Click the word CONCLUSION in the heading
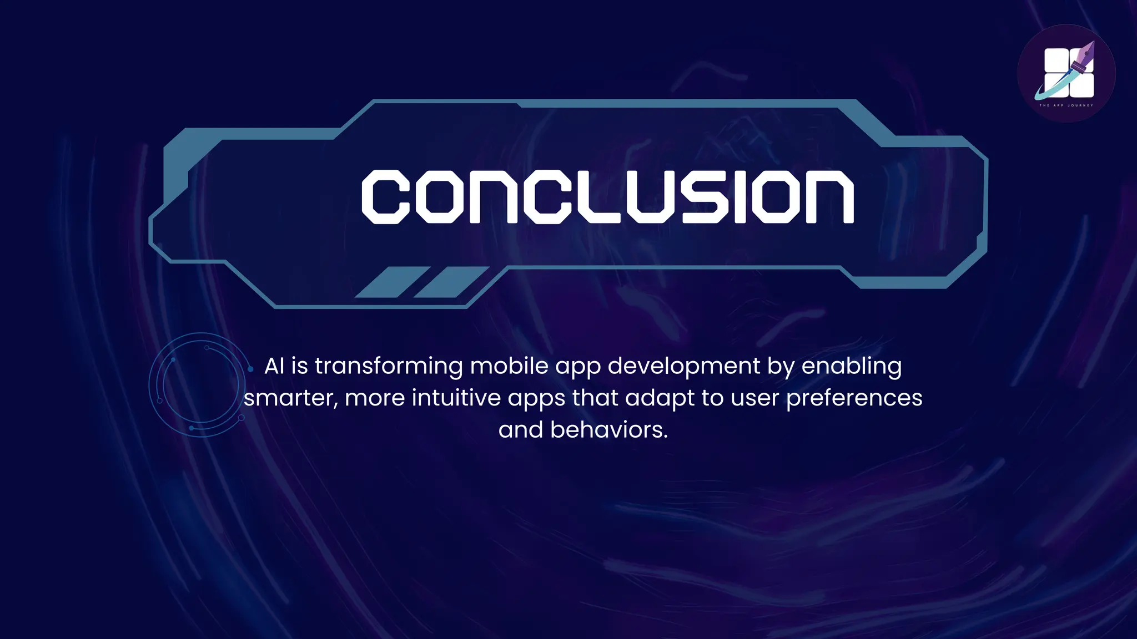point(607,197)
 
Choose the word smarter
point(290,398)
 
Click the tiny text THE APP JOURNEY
point(1066,105)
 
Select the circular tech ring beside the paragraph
point(200,384)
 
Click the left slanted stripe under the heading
point(392,282)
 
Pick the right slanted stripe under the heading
point(451,282)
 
